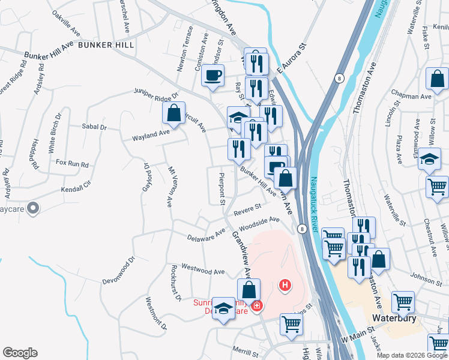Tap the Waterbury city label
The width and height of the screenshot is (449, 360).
[x=394, y=317]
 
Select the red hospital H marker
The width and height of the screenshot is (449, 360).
[x=286, y=285]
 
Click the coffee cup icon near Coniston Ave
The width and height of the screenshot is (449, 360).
[x=212, y=76]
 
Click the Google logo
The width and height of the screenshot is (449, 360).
[x=20, y=353]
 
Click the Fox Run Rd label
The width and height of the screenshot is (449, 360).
[x=72, y=163]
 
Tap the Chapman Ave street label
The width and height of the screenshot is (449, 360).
[x=411, y=96]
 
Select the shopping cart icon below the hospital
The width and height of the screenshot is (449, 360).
[x=291, y=323]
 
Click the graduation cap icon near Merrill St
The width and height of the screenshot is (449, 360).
[x=224, y=310]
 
